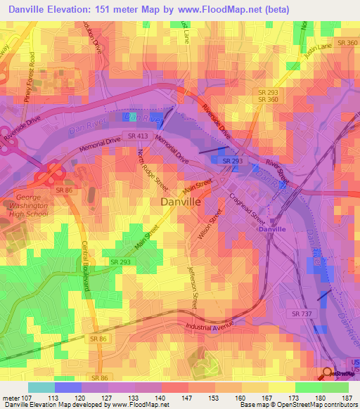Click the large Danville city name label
(x=181, y=202)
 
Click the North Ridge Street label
(x=153, y=168)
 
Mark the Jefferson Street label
(x=192, y=287)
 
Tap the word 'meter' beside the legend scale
(x=10, y=397)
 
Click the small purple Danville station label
(x=271, y=229)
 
